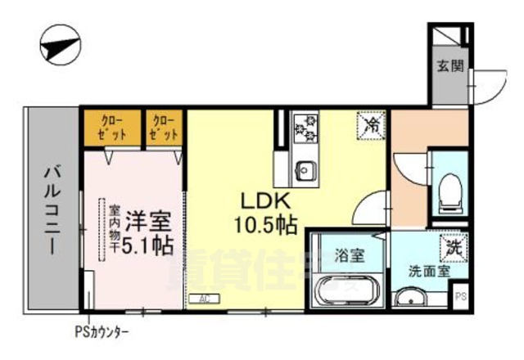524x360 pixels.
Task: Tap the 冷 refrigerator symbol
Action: click(x=371, y=124)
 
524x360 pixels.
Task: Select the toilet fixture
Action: click(x=449, y=190)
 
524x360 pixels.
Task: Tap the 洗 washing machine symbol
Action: click(x=451, y=245)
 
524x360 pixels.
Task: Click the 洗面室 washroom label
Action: click(x=427, y=271)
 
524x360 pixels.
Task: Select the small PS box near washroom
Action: click(x=460, y=296)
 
